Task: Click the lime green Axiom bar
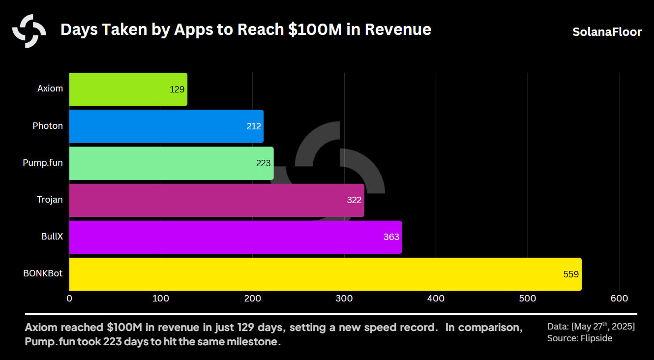pyautogui.click(x=128, y=89)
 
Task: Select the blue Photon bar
pyautogui.click(x=166, y=126)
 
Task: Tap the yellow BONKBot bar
pyautogui.click(x=325, y=274)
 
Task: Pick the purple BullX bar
pyautogui.click(x=235, y=237)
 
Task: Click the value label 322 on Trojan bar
pyautogui.click(x=354, y=200)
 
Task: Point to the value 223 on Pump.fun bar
pyautogui.click(x=263, y=163)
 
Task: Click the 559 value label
pyautogui.click(x=570, y=274)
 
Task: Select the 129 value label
pyautogui.click(x=177, y=90)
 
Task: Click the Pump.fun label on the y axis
pyautogui.click(x=43, y=162)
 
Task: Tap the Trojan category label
pyautogui.click(x=50, y=199)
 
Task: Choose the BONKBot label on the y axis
pyautogui.click(x=43, y=273)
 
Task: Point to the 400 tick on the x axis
pyautogui.click(x=436, y=299)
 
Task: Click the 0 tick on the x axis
pyautogui.click(x=69, y=299)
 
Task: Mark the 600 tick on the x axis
pyautogui.click(x=619, y=299)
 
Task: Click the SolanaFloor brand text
pyautogui.click(x=607, y=32)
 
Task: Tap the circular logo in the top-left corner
pyautogui.click(x=29, y=31)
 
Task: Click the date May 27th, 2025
pyautogui.click(x=603, y=327)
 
